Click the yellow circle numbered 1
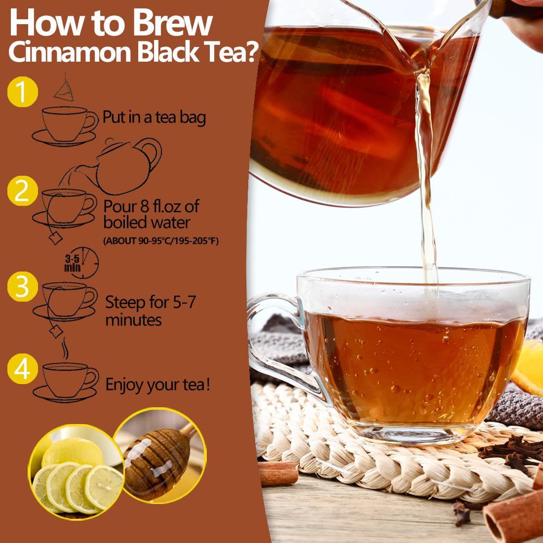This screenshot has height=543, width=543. (x=22, y=92)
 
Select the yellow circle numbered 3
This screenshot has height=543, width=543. (x=22, y=286)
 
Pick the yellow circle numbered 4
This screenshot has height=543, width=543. (x=22, y=370)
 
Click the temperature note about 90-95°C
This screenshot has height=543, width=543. (x=160, y=241)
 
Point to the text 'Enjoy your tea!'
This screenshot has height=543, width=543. (x=158, y=385)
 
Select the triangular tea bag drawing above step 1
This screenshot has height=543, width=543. (x=64, y=87)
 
